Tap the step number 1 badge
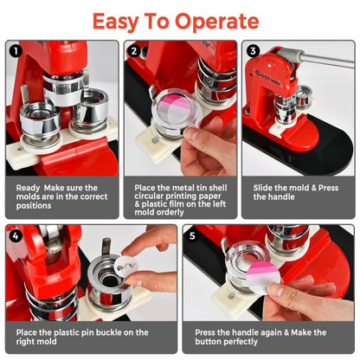click(15, 50)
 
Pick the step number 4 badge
click(15, 234)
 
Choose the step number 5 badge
click(192, 234)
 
